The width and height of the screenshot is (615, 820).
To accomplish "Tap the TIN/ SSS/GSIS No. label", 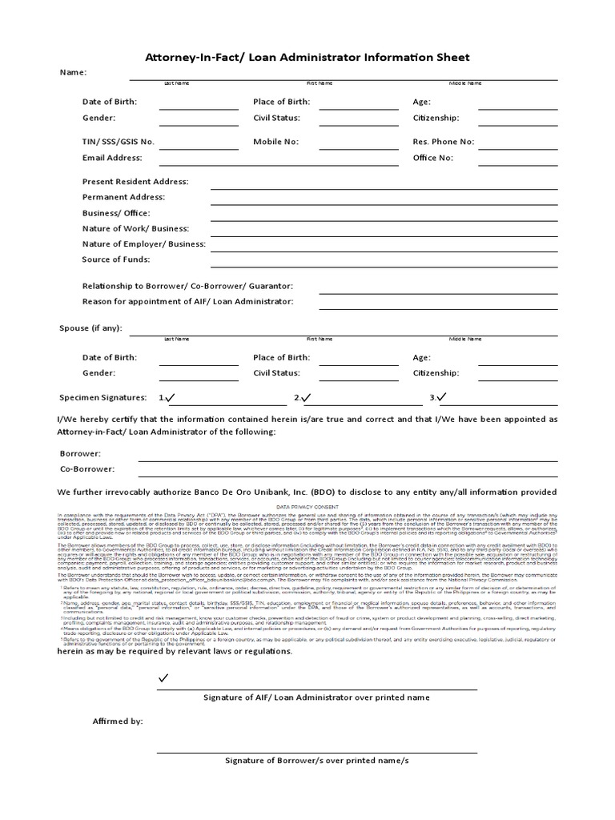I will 119,142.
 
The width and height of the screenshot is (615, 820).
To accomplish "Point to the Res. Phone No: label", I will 443,142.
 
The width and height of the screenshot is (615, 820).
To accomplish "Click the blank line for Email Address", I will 199,164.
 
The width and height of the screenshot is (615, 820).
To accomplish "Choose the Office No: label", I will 432,158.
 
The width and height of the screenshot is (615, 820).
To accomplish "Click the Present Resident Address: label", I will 135,181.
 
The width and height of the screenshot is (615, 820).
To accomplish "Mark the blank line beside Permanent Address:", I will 384,204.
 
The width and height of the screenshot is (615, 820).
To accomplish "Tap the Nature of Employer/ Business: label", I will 143,243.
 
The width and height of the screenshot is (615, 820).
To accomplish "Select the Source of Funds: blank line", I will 384,267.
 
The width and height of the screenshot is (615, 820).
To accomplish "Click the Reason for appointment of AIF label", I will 187,301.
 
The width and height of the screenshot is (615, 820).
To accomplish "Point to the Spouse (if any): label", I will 91,328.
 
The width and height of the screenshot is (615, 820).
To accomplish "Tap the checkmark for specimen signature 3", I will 441,397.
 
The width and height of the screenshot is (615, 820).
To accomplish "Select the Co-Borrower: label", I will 87,469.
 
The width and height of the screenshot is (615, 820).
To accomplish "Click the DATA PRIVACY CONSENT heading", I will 307,507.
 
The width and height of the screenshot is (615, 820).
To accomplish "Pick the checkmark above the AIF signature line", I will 164,678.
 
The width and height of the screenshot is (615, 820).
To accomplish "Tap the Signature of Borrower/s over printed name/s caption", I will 316,760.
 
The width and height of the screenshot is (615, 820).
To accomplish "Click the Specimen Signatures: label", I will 102,397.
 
